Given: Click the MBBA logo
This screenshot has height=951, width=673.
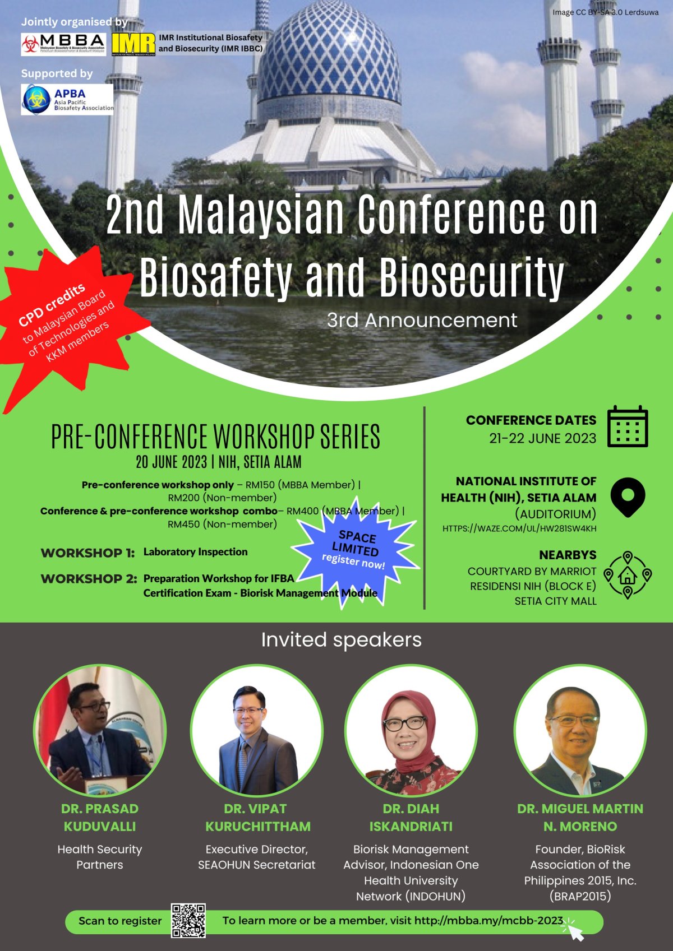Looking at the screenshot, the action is click(64, 44).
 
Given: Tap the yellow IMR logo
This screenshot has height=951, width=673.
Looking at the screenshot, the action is click(133, 44).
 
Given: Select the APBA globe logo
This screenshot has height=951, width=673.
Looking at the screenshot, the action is click(36, 99).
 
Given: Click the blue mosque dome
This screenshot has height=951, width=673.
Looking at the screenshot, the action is click(329, 55).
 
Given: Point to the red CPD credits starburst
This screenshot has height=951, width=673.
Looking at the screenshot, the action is click(68, 327).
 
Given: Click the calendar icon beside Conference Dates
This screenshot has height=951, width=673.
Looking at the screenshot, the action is click(628, 426).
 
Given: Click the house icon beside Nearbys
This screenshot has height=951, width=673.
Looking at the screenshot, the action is click(628, 576).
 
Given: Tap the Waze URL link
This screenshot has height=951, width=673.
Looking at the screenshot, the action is click(519, 528).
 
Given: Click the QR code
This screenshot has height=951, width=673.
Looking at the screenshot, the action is click(188, 920).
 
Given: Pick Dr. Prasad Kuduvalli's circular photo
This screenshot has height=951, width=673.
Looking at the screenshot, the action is click(100, 730).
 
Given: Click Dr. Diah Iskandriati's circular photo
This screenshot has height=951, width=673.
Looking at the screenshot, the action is click(411, 730).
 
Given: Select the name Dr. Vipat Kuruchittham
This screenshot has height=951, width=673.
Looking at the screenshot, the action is click(257, 818).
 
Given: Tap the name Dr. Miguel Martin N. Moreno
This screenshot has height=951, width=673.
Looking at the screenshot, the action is click(580, 818).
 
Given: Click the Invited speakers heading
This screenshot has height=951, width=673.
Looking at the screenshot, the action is click(341, 640).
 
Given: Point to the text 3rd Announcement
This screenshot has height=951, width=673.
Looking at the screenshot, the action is click(422, 321).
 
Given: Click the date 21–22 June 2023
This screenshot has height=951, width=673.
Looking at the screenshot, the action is click(542, 438).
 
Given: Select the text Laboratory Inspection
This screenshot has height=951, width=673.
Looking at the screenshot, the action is click(195, 552).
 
